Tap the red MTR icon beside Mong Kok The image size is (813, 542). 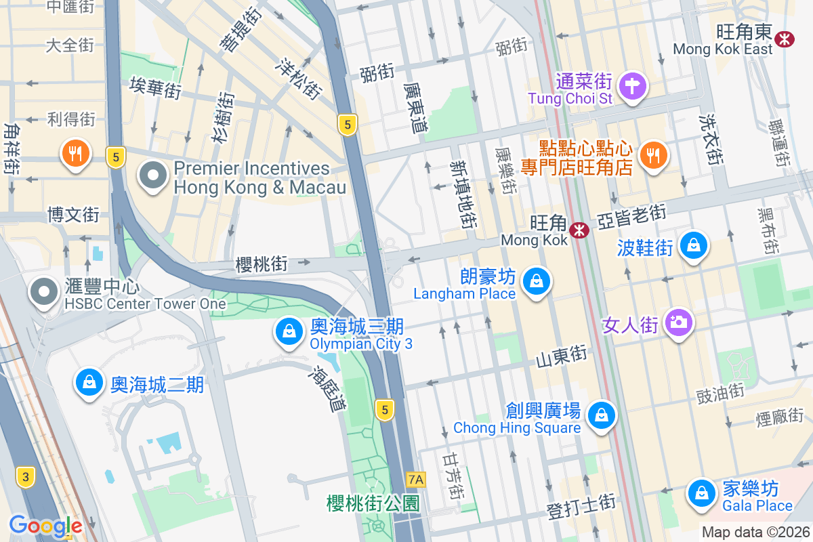(x=579, y=230)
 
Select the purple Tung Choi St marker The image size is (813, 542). (x=633, y=86)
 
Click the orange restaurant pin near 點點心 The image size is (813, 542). (x=653, y=155)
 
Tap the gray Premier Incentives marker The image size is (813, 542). (x=153, y=176)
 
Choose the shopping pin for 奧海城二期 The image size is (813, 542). (x=89, y=383)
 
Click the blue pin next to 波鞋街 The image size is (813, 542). (x=694, y=245)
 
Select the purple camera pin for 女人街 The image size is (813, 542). (x=677, y=321)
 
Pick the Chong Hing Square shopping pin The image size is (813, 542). (x=601, y=415)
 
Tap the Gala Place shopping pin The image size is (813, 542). (x=702, y=494)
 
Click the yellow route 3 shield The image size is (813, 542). (x=26, y=477)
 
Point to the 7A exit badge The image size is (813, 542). (x=416, y=480)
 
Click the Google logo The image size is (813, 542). (x=45, y=526)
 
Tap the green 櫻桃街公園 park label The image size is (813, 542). (x=373, y=503)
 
